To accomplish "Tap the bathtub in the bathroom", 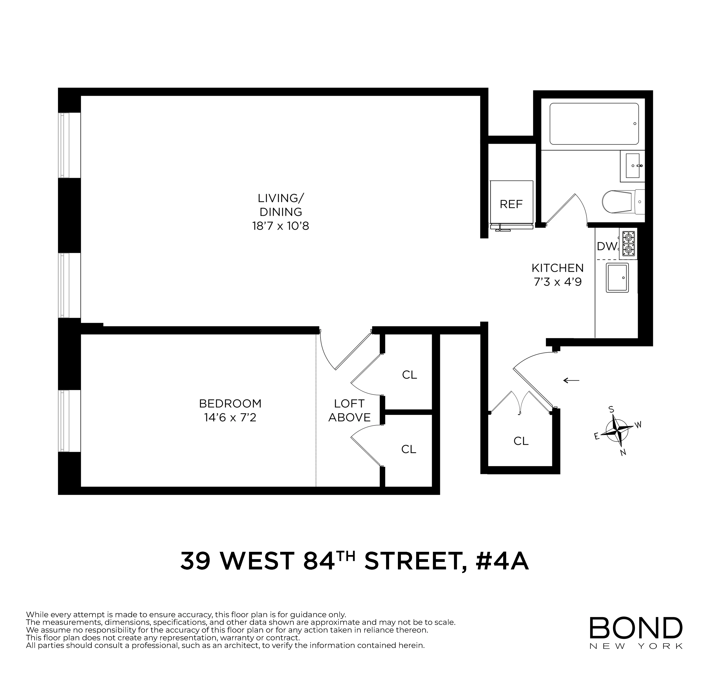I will pyautogui.click(x=594, y=124).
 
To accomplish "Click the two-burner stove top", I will pyautogui.click(x=628, y=244).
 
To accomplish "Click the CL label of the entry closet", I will pyautogui.click(x=521, y=441).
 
